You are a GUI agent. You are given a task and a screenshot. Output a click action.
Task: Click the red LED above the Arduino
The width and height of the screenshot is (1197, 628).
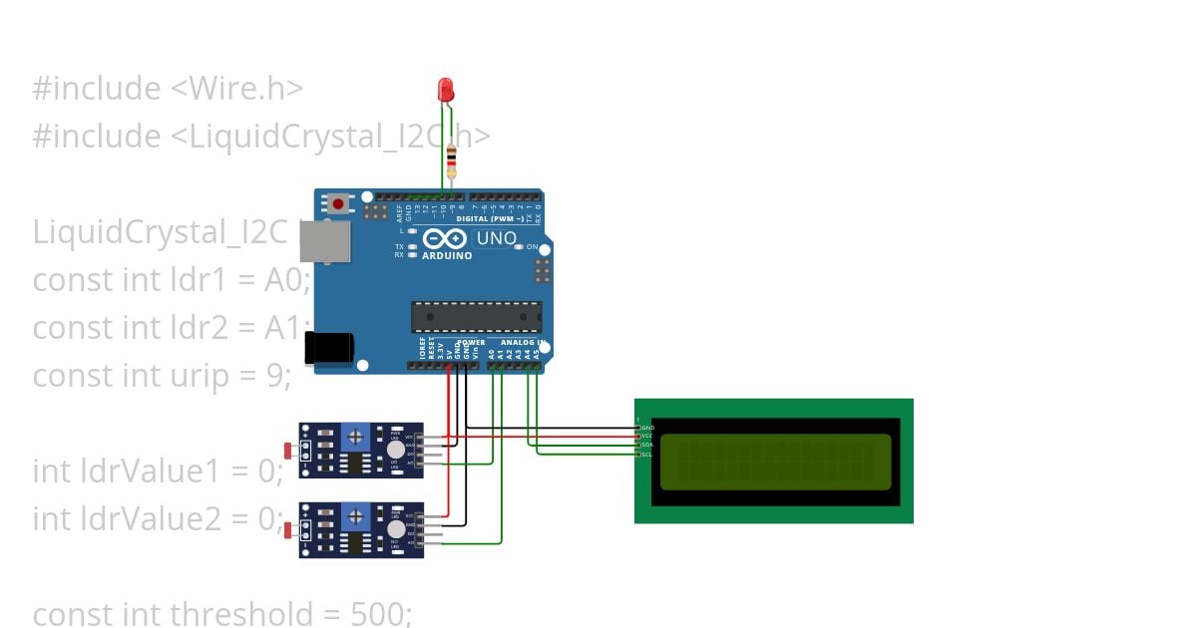(x=446, y=91)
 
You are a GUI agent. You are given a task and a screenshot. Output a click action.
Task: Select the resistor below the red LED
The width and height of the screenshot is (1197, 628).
(x=452, y=159)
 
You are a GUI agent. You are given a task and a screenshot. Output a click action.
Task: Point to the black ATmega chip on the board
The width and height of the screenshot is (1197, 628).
(x=477, y=316)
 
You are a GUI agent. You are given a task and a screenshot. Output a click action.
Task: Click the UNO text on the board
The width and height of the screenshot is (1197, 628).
(x=496, y=238)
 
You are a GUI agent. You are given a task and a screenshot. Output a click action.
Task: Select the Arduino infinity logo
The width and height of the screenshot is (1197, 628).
(x=445, y=239)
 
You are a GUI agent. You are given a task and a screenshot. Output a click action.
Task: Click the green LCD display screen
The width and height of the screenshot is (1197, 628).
(x=775, y=462)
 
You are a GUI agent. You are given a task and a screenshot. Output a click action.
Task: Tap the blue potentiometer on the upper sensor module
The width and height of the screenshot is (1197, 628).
(x=355, y=437)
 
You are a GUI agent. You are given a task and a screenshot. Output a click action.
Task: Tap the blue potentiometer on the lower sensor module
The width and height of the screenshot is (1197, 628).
(x=355, y=516)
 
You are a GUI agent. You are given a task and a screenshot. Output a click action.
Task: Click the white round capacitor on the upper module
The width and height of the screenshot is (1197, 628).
(x=382, y=450)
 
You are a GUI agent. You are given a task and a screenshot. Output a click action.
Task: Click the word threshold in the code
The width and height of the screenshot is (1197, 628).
(x=255, y=613)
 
